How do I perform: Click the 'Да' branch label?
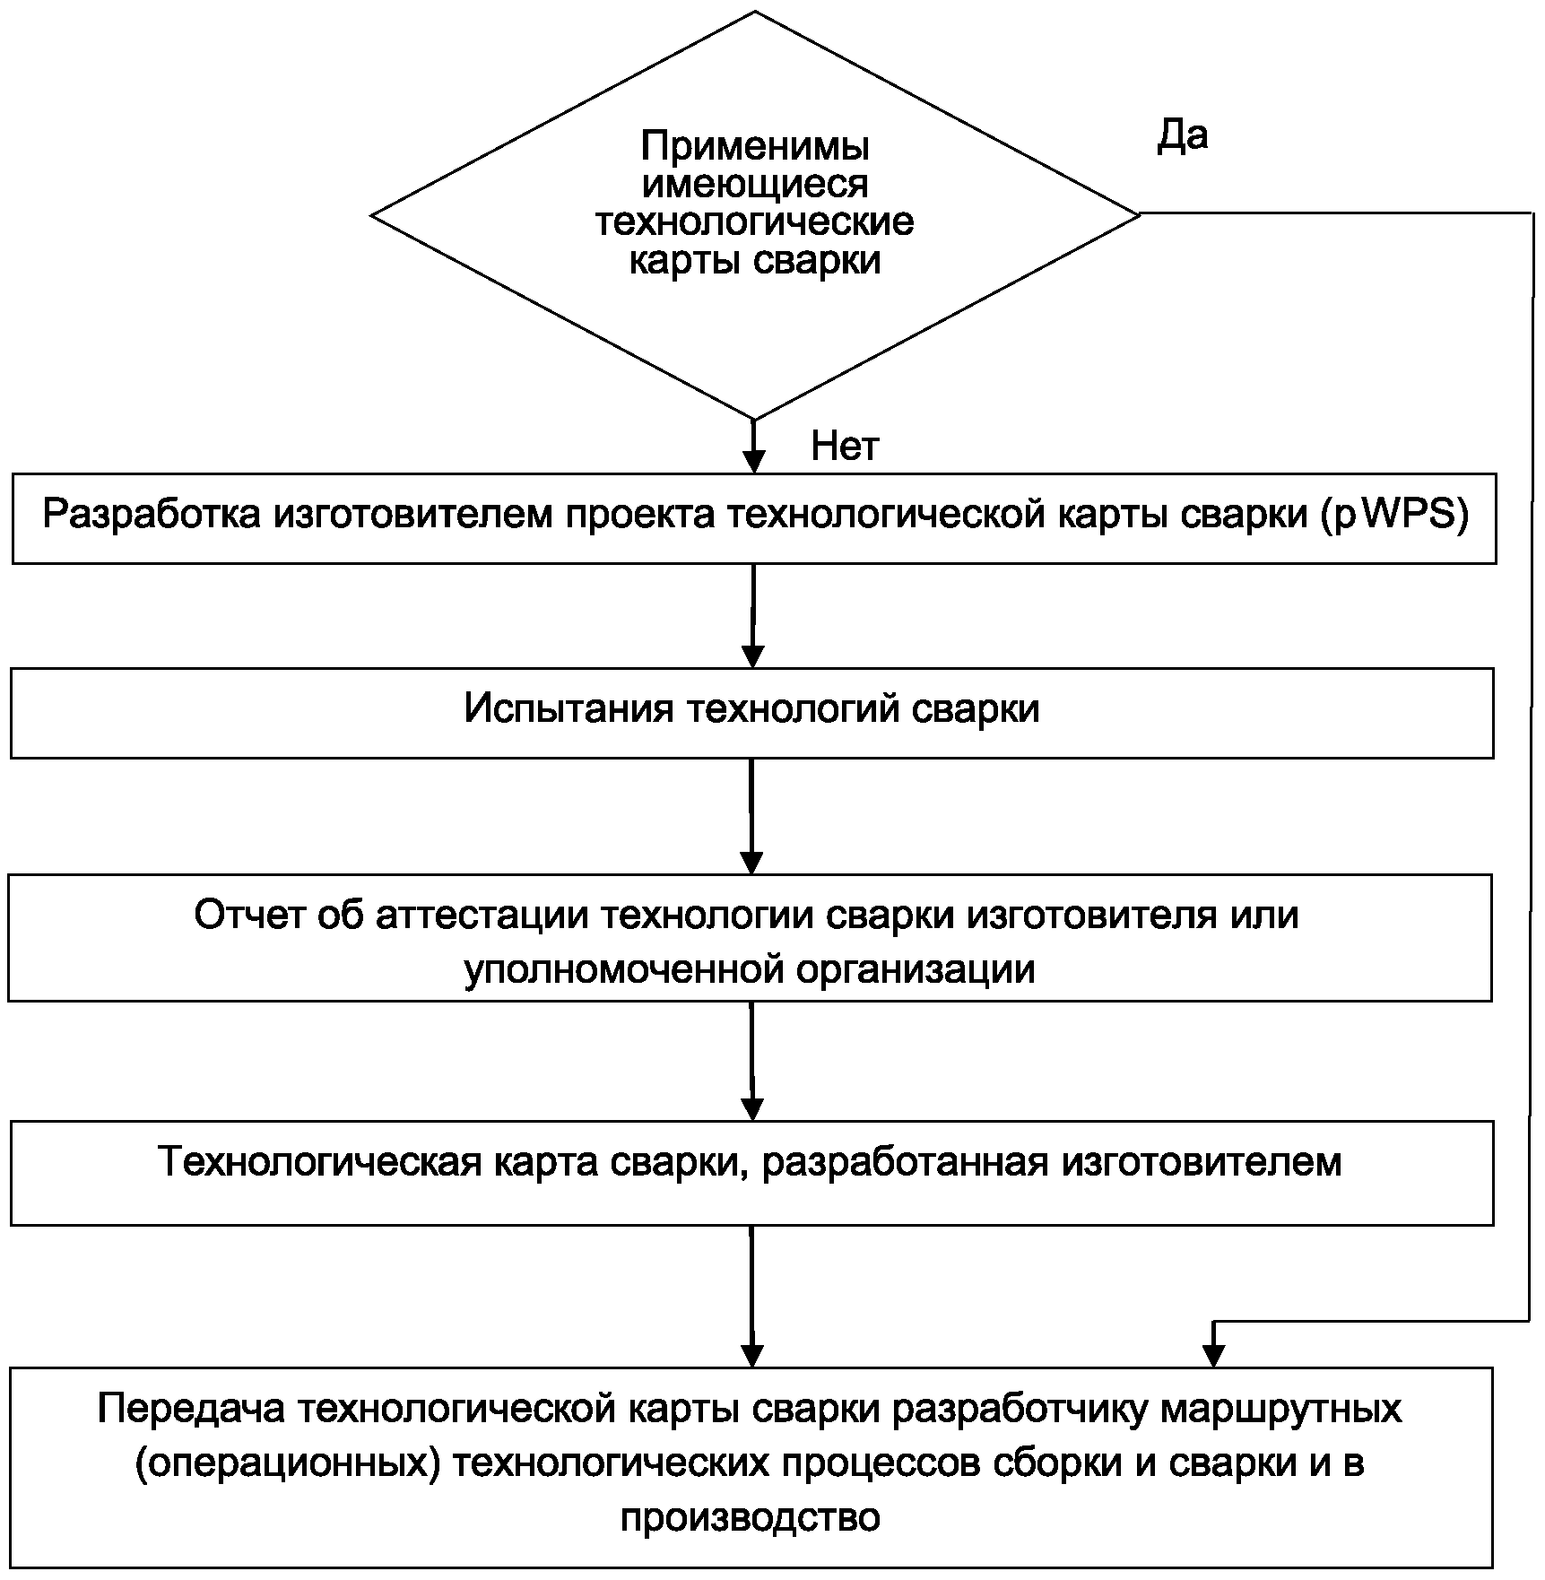(1182, 136)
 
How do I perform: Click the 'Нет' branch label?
(845, 446)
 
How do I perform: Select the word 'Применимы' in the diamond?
(755, 146)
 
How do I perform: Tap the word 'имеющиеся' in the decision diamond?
(755, 185)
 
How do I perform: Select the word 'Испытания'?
(569, 709)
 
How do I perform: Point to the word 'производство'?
(750, 1517)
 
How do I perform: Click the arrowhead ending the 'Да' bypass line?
(1213, 1355)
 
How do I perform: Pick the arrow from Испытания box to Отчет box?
(751, 815)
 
